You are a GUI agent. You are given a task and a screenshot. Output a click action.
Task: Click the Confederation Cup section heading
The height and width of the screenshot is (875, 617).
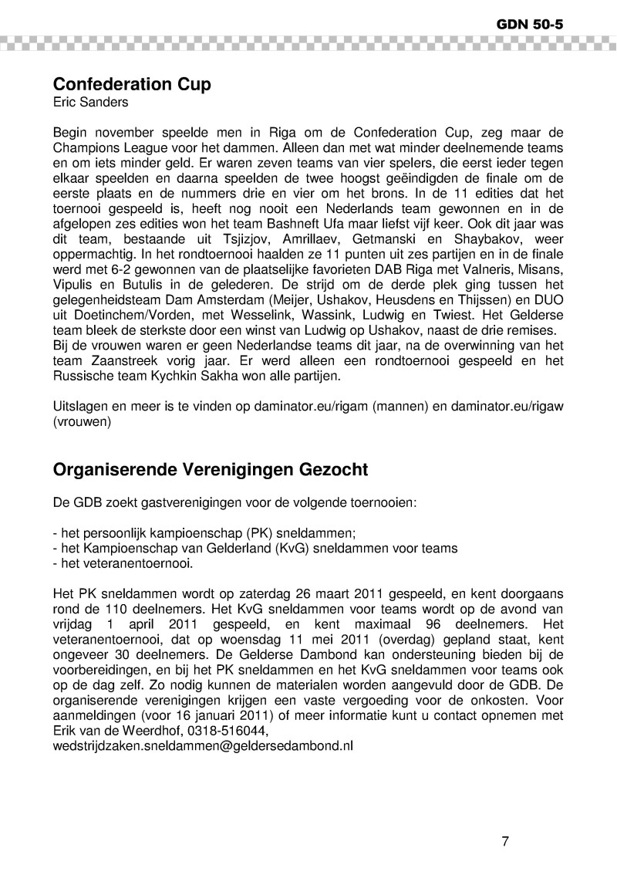tap(131, 84)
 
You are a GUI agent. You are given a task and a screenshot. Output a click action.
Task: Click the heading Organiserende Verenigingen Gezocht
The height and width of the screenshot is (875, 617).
tap(210, 469)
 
